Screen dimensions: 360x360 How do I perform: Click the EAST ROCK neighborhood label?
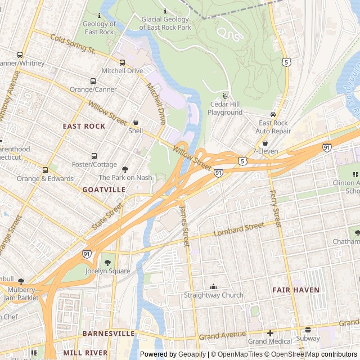pos(84,126)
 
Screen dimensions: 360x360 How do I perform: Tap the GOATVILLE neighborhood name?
pos(103,190)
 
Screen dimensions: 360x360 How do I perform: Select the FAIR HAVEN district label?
pos(296,290)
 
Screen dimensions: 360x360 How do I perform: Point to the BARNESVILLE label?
pos(109,334)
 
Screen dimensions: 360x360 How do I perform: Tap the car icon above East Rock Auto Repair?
pos(273,114)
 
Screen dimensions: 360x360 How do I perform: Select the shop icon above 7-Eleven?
pos(265,143)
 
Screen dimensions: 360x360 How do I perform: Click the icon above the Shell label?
pos(136,122)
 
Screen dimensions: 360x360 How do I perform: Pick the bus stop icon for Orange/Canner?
pos(93,81)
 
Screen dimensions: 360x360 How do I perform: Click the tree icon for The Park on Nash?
pos(125,169)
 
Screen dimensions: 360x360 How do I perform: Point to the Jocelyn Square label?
pos(107,271)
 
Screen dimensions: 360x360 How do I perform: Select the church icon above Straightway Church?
pos(214,286)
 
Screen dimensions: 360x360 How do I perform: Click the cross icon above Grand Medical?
pos(270,332)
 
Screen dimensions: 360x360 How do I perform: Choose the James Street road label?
pos(184,225)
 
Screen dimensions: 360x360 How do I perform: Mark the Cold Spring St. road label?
pos(72,44)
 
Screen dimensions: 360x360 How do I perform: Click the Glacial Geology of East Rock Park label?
pos(165,23)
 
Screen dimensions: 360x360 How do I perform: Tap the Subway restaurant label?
pos(308,339)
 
